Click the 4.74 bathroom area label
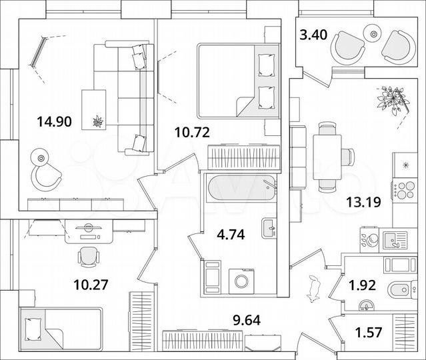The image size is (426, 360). [x=230, y=234]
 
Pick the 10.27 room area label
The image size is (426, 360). [x=91, y=285]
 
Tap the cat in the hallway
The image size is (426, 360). [x=313, y=287]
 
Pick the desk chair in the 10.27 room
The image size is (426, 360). [x=88, y=255]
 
